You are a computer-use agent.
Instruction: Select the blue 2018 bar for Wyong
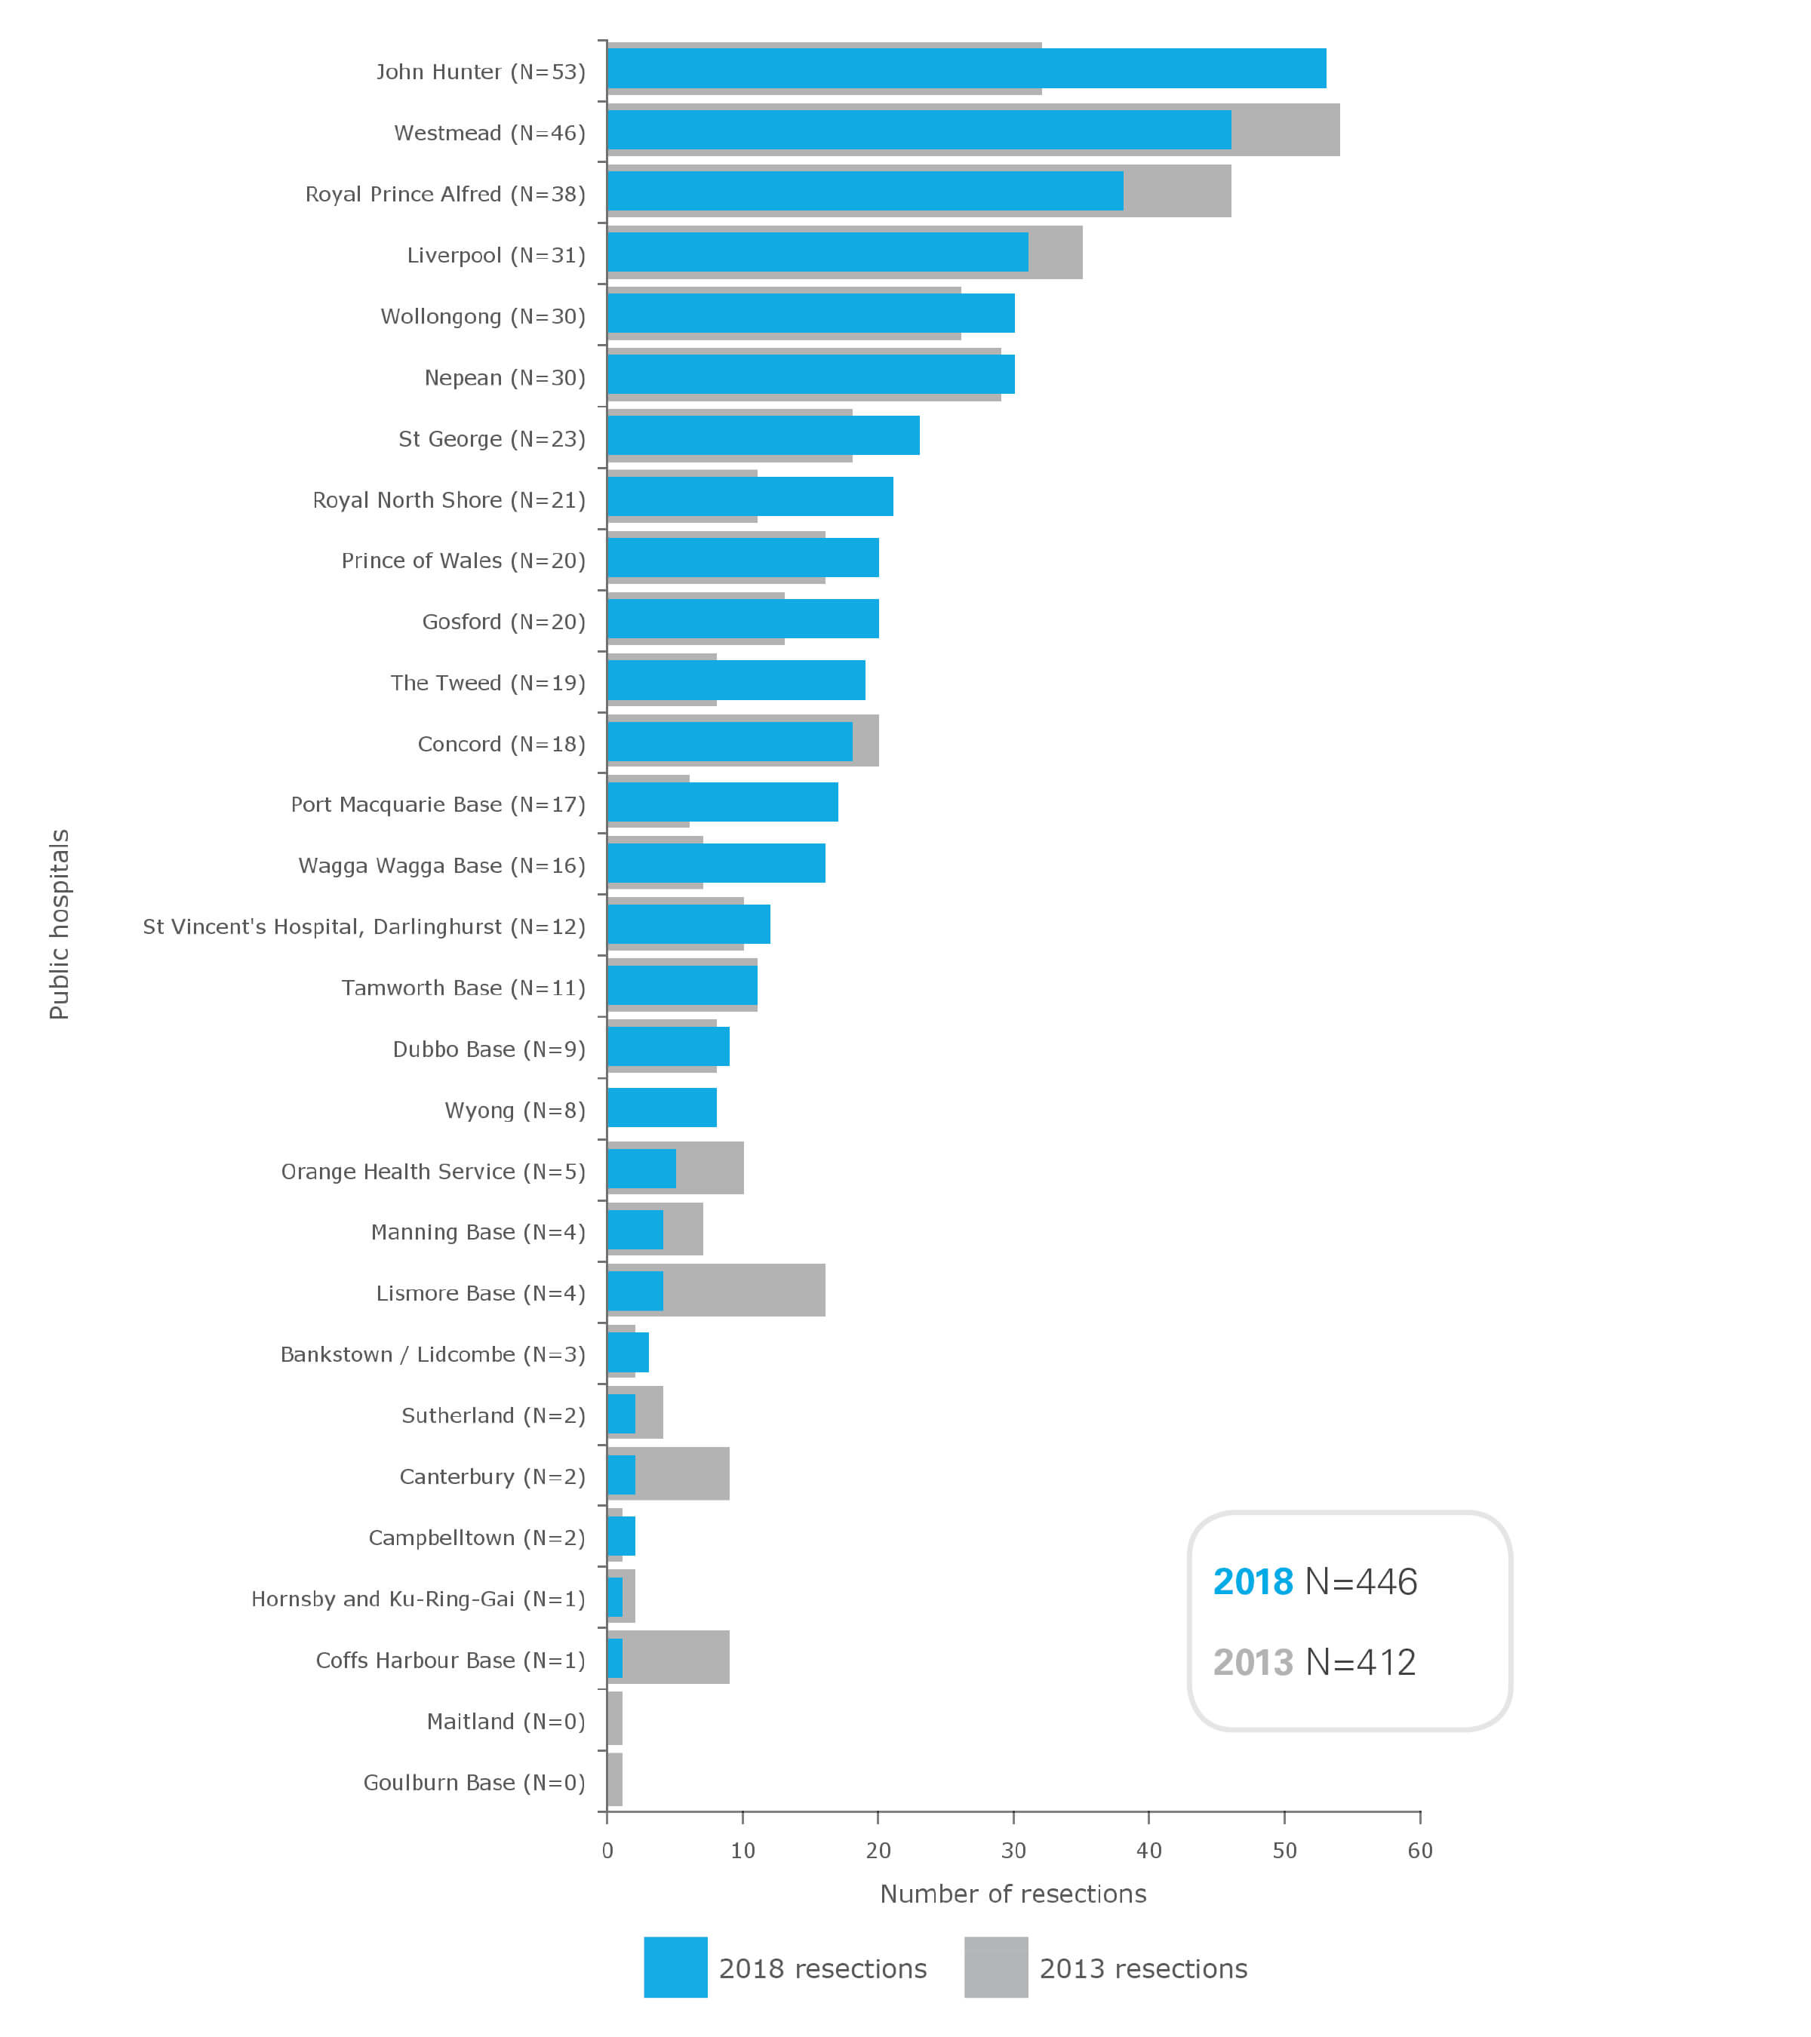(661, 1108)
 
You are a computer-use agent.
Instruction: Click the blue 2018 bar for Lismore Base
(634, 1291)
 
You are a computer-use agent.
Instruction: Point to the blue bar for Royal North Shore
(749, 496)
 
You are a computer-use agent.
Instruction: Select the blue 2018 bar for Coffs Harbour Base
(614, 1658)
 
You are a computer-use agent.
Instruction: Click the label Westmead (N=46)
(490, 133)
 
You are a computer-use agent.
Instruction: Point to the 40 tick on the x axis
(1148, 1851)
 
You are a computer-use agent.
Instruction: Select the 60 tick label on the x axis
(1419, 1851)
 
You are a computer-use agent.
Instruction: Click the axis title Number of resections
(1013, 1894)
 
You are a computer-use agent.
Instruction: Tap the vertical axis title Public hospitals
(60, 924)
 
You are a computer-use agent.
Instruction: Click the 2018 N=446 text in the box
(1314, 1581)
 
